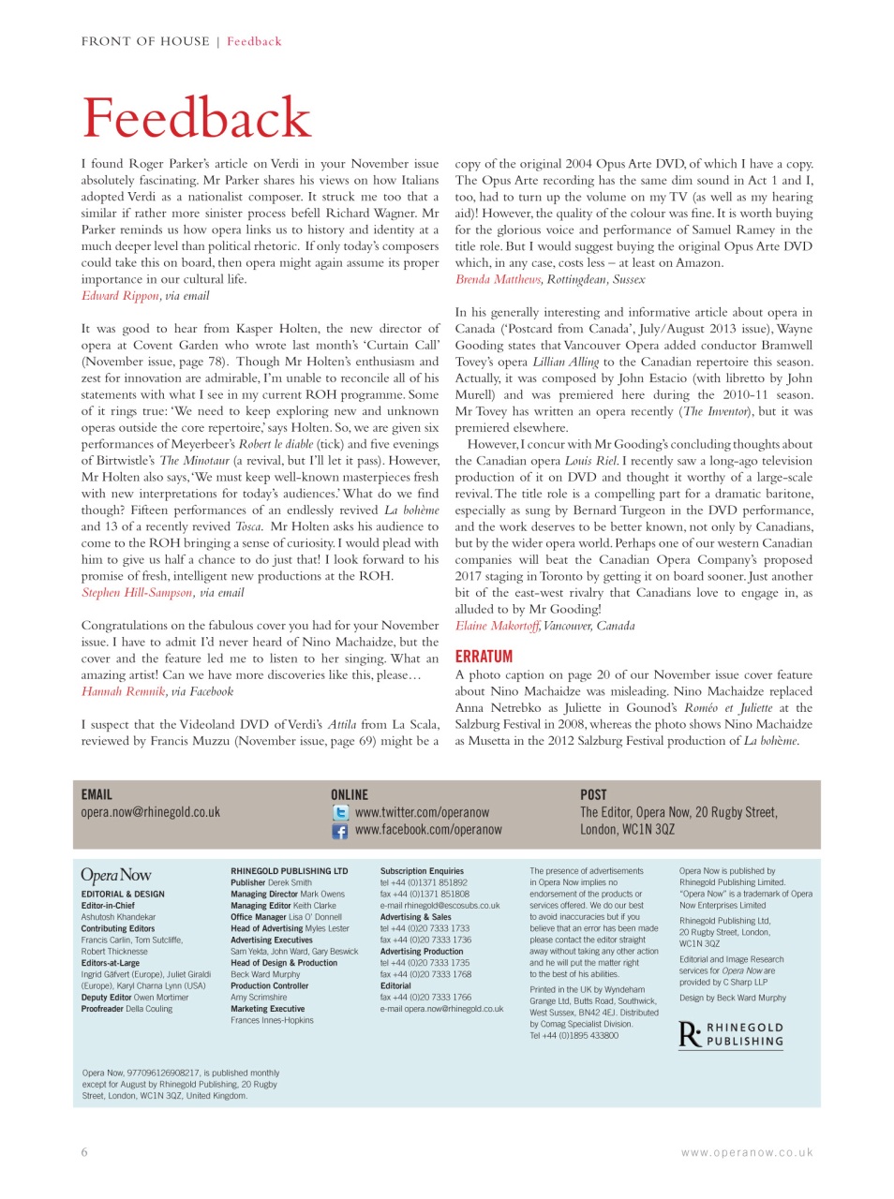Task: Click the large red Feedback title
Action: [196, 118]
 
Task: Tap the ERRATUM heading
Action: [484, 657]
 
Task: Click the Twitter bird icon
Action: [340, 813]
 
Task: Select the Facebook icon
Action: [340, 831]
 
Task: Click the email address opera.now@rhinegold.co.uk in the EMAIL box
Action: [150, 812]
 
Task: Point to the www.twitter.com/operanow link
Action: [422, 813]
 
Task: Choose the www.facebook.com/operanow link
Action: [427, 830]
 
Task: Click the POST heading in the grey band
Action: [593, 794]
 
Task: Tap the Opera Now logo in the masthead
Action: [115, 875]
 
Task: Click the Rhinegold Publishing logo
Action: [731, 1034]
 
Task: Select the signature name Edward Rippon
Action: [120, 296]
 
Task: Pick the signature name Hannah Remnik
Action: [123, 692]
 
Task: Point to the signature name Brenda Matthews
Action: [498, 279]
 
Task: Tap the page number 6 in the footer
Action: [84, 1152]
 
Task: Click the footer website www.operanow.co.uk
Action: [747, 1153]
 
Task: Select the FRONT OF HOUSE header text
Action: [145, 41]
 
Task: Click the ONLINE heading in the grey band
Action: [350, 794]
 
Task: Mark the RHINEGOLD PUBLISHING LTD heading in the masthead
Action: [289, 871]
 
